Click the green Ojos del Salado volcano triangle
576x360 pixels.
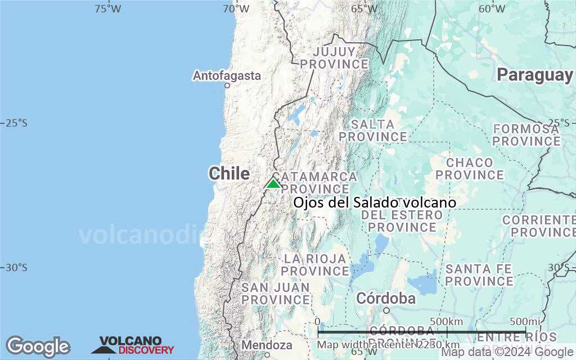[273, 183]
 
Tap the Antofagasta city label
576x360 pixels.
[227, 75]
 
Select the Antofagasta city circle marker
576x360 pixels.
[227, 85]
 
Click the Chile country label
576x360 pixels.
[229, 173]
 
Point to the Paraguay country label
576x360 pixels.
[534, 75]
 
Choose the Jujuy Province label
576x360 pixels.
[334, 58]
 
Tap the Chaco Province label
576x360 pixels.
[469, 168]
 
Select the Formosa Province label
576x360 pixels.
[526, 134]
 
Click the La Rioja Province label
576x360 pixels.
[316, 265]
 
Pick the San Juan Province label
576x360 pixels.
[276, 294]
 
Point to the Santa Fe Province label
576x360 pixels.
[479, 275]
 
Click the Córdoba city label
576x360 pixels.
[386, 298]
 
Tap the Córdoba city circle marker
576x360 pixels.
[386, 310]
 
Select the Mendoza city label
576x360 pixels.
[267, 345]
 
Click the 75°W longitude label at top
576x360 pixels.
[107, 8]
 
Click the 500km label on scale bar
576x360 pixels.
[448, 321]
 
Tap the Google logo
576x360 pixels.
[38, 346]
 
